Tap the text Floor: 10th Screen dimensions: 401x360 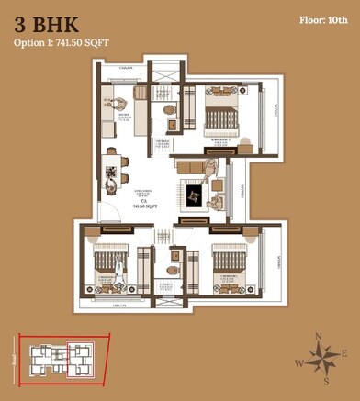324,19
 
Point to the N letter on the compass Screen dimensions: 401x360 318,338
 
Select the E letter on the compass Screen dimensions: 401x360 343,353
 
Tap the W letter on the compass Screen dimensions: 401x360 299,363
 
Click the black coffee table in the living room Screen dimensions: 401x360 195,195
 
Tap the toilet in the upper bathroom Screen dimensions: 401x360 167,110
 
